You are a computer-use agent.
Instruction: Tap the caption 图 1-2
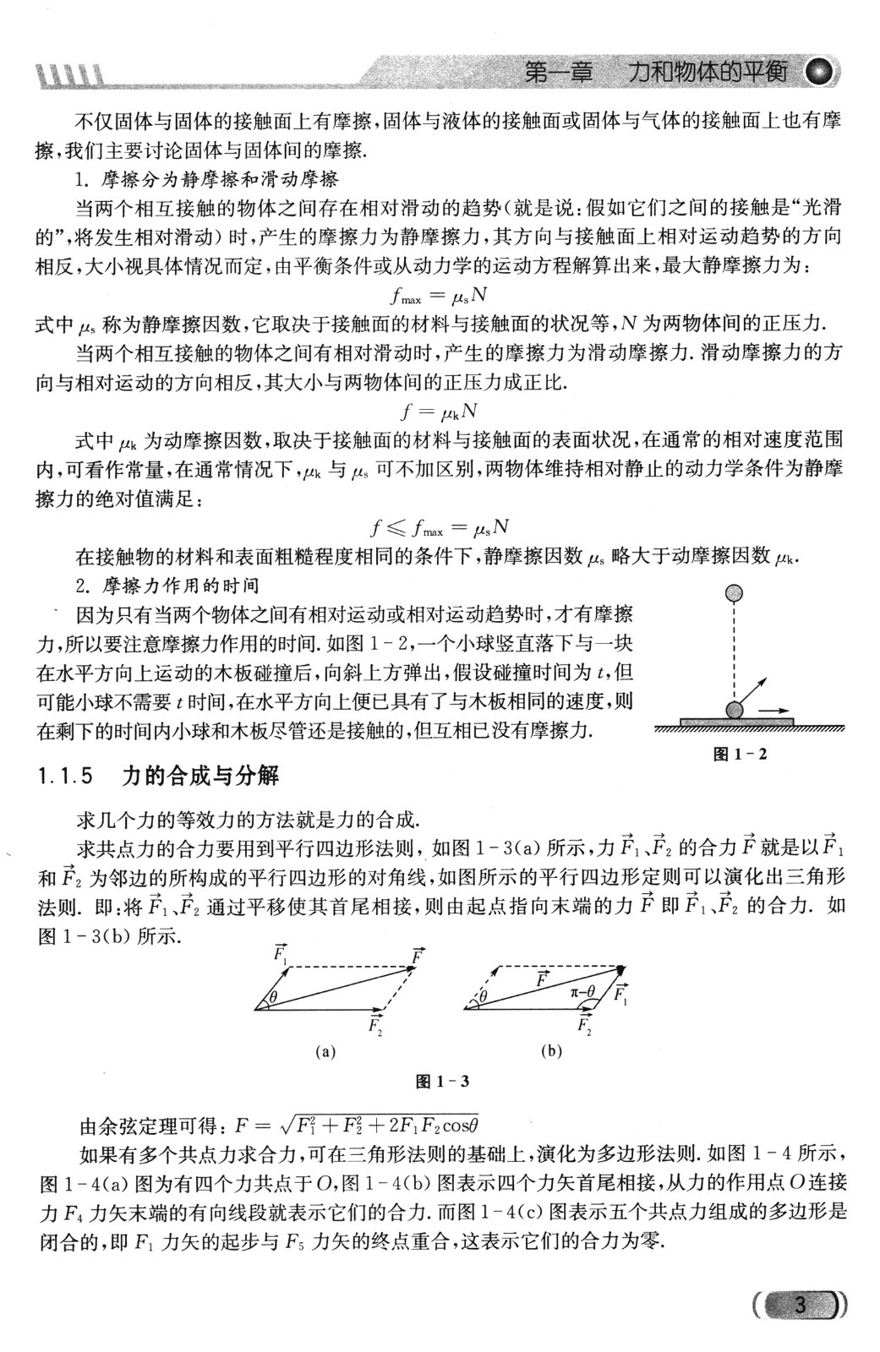(x=741, y=754)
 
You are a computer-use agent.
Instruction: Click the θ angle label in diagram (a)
(x=273, y=998)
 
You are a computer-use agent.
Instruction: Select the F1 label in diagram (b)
(x=621, y=995)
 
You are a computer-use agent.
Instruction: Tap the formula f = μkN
(x=439, y=412)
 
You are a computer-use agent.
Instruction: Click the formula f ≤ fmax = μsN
(x=440, y=528)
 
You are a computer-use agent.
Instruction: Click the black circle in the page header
(x=820, y=73)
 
